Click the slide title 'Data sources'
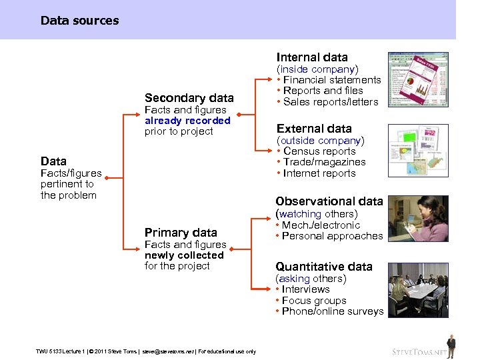79,21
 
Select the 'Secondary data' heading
189,98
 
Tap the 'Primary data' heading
181,233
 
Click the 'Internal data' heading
312,57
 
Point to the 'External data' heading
314,129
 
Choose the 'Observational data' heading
329,201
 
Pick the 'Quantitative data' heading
324,267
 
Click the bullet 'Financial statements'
332,80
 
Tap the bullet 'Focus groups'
313,301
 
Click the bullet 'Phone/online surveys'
333,311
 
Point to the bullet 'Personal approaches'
332,236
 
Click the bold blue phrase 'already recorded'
187,121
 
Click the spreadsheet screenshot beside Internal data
418,79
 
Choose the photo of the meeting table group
418,291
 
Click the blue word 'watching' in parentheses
300,214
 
